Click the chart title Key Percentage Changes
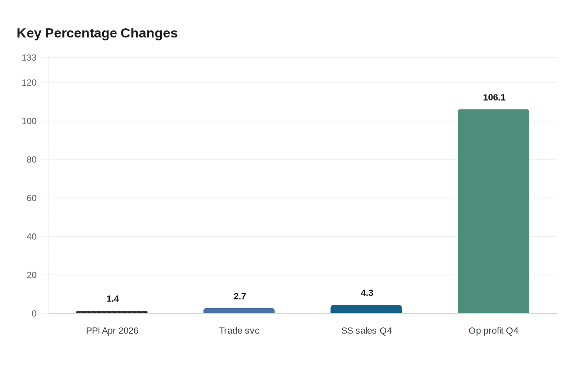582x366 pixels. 97,33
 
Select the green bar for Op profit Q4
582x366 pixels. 493,211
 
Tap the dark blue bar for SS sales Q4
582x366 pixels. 366,309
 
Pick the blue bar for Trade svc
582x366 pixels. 239,311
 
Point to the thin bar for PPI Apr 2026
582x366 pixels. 112,312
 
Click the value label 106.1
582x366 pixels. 494,97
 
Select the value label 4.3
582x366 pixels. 367,293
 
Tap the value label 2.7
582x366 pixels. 240,296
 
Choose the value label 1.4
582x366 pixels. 113,299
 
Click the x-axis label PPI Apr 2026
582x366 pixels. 112,331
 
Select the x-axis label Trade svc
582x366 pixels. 239,331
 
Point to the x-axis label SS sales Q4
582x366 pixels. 366,331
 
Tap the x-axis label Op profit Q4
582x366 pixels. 493,331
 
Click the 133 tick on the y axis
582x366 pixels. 29,58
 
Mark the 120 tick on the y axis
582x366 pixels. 29,83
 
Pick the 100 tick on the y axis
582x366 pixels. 29,121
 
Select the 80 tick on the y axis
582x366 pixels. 32,160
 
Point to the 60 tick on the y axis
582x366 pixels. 32,198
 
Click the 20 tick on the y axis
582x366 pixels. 32,275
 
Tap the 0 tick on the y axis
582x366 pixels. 34,314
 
